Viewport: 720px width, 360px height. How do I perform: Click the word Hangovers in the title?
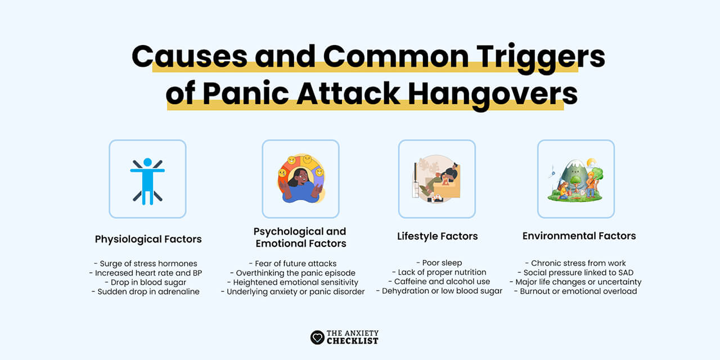pyautogui.click(x=493, y=94)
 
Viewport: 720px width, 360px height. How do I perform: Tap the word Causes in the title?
pyautogui.click(x=189, y=56)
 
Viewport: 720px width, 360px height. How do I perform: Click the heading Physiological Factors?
pyautogui.click(x=148, y=239)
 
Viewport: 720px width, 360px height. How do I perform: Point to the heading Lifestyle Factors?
pyautogui.click(x=437, y=236)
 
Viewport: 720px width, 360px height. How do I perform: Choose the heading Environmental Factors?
pyautogui.click(x=579, y=236)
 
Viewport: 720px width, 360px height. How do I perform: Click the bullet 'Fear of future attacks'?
pyautogui.click(x=292, y=263)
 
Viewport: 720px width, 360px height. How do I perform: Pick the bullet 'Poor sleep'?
pyautogui.click(x=439, y=263)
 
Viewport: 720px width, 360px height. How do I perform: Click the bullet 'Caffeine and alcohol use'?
pyautogui.click(x=439, y=281)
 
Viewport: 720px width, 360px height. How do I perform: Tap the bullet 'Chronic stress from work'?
pyautogui.click(x=578, y=263)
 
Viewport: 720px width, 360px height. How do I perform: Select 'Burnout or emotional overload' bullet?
pyautogui.click(x=578, y=291)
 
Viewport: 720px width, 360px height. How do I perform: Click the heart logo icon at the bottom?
pyautogui.click(x=317, y=337)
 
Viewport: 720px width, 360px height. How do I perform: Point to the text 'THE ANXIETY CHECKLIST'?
pyautogui.click(x=353, y=337)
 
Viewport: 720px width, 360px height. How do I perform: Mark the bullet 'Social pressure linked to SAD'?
pyautogui.click(x=578, y=272)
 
